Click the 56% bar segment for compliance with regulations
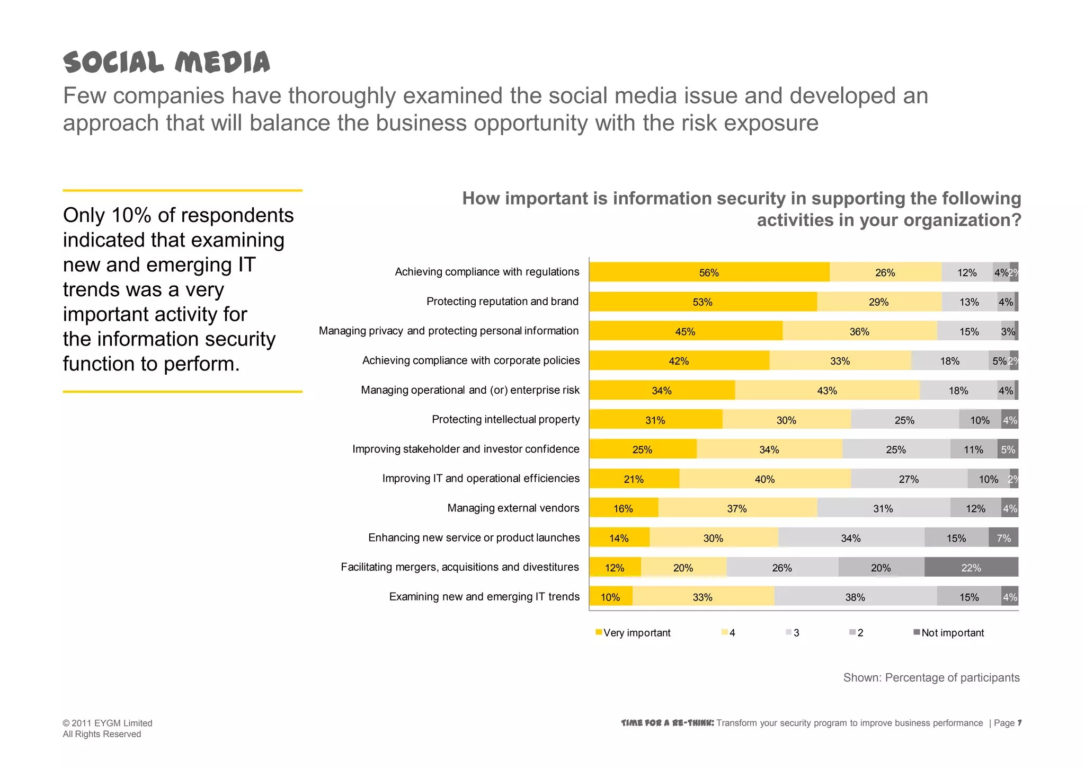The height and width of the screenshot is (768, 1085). click(709, 272)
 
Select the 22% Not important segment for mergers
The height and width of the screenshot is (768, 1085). click(971, 568)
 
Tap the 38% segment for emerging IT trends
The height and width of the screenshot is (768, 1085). click(855, 597)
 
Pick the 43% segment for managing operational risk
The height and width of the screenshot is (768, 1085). click(826, 391)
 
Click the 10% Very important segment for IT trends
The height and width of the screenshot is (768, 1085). click(610, 597)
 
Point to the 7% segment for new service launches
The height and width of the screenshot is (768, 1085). click(1003, 538)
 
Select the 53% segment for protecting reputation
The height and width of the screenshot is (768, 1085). click(702, 302)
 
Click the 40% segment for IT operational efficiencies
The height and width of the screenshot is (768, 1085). click(764, 479)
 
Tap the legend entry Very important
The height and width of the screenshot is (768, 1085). click(636, 633)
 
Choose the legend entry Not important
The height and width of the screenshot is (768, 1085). click(952, 633)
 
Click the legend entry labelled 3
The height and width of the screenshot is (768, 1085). click(796, 633)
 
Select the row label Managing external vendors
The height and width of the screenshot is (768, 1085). click(513, 508)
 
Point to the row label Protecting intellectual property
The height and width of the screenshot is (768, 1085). click(505, 420)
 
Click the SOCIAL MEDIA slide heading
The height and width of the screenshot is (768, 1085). click(166, 63)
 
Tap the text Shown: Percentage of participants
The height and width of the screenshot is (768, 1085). click(931, 678)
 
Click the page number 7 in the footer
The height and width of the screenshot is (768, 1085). click(1019, 723)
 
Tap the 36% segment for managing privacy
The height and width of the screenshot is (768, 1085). click(859, 332)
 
